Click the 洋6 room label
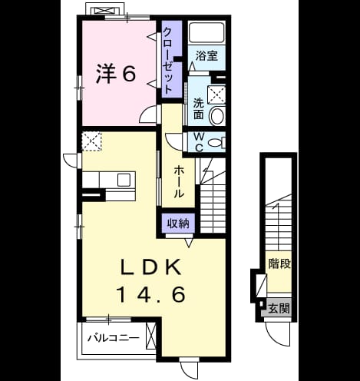pyautogui.click(x=116, y=74)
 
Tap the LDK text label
pyautogui.click(x=151, y=267)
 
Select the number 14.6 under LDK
pyautogui.click(x=150, y=294)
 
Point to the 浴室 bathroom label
pyautogui.click(x=206, y=56)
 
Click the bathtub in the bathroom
pyautogui.click(x=206, y=33)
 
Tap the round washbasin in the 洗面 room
pyautogui.click(x=217, y=115)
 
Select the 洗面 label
pyautogui.click(x=199, y=109)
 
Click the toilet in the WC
pyautogui.click(x=216, y=142)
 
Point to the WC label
pyautogui.click(x=199, y=142)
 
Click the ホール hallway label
pyautogui.click(x=179, y=181)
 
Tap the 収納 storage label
pyautogui.click(x=178, y=224)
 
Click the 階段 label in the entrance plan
pyautogui.click(x=280, y=263)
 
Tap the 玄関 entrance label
pyautogui.click(x=279, y=309)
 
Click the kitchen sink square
pyautogui.click(x=124, y=180)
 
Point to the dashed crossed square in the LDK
pyautogui.click(x=91, y=141)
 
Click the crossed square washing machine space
pyautogui.click(x=216, y=95)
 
